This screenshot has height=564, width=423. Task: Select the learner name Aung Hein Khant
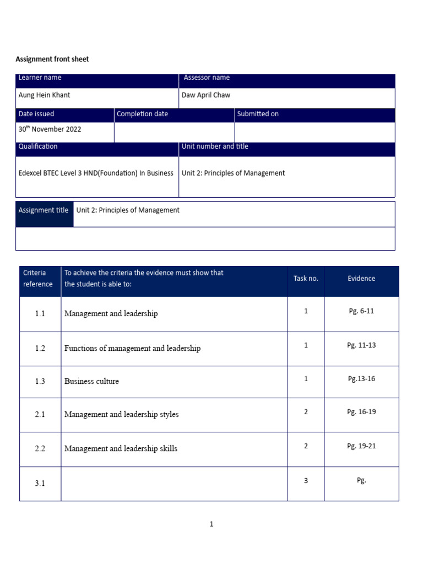tap(45, 95)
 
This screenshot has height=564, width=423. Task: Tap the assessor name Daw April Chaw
tap(206, 95)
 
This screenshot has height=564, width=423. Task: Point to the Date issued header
tap(36, 114)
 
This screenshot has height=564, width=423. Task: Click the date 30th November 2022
tap(50, 129)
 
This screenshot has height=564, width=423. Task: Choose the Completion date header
tap(143, 114)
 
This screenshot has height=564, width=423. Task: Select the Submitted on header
tap(258, 114)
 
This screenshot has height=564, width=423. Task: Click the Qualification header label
tap(38, 147)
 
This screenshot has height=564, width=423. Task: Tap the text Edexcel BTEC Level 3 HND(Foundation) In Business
tap(96, 173)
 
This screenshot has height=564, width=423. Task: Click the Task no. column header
tap(306, 279)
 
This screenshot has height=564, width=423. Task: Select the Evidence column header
tap(361, 279)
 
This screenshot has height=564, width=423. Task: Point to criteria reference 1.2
tap(40, 348)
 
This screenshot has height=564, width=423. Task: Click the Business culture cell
tap(91, 381)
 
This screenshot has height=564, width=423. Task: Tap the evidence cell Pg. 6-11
tap(361, 311)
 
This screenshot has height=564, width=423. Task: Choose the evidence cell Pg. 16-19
tap(361, 412)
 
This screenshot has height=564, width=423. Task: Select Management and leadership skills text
tap(121, 448)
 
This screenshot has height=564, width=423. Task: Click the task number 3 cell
tap(306, 481)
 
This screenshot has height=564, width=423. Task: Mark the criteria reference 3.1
tap(40, 483)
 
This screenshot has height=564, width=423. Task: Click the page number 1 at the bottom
tap(211, 524)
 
